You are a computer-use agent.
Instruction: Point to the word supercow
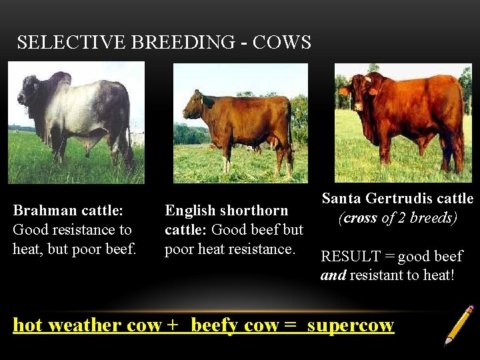click(x=351, y=325)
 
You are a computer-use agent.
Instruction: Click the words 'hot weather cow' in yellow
click(x=87, y=325)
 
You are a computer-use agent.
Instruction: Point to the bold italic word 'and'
click(x=333, y=275)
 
